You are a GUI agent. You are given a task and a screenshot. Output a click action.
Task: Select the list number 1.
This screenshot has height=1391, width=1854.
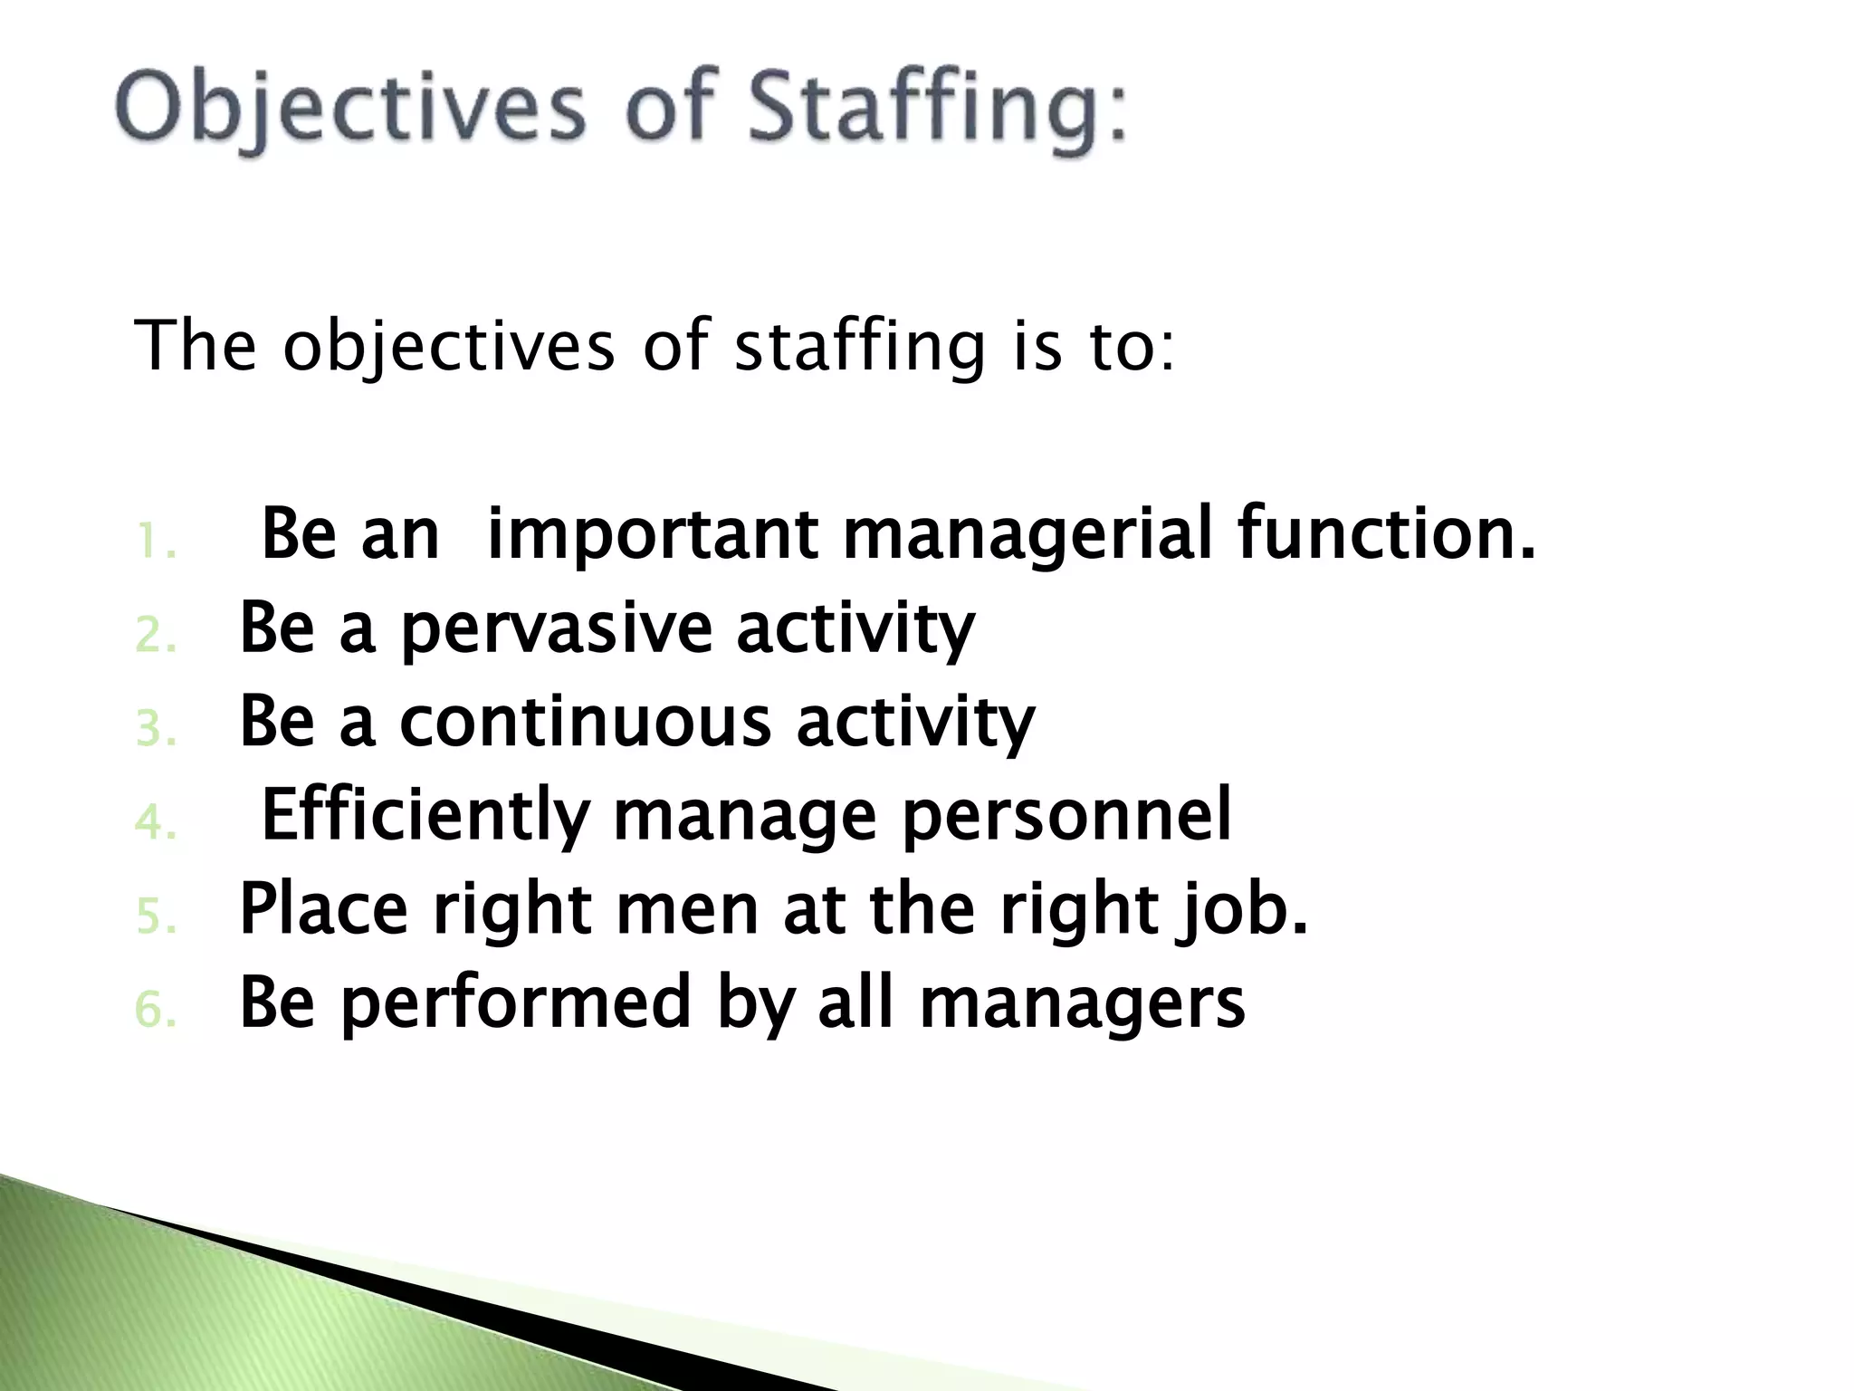click(x=154, y=543)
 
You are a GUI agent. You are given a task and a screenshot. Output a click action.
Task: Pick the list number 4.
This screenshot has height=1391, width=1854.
click(x=155, y=823)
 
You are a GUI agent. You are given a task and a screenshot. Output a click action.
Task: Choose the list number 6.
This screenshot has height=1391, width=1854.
click(x=155, y=1011)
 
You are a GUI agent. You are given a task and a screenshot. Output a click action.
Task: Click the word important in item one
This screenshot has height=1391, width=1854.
click(x=652, y=536)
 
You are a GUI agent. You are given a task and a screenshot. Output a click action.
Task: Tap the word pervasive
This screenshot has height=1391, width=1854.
click(x=556, y=630)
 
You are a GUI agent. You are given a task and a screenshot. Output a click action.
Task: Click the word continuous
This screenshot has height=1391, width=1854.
click(x=585, y=723)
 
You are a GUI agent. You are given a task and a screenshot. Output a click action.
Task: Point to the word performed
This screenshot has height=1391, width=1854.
click(x=516, y=1003)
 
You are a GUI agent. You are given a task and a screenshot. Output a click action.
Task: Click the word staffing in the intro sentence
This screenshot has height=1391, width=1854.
click(x=858, y=348)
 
